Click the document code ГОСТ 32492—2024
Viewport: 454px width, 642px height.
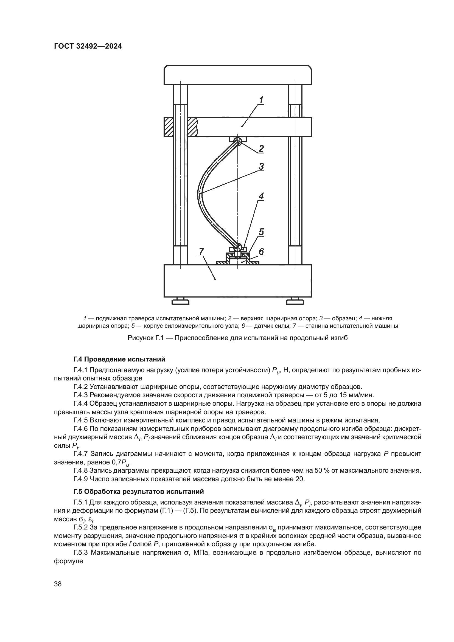click(88, 46)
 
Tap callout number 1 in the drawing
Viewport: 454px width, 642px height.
click(261, 100)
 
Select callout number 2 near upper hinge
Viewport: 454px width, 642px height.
click(261, 148)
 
